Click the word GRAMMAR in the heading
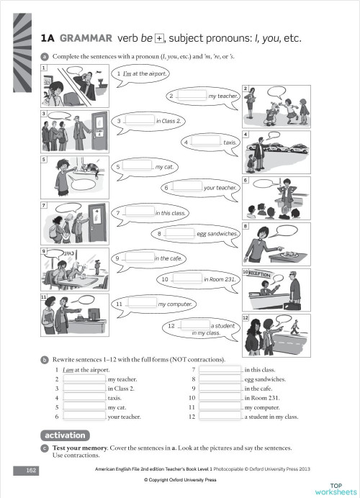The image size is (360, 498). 86,37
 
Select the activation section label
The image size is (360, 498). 65,435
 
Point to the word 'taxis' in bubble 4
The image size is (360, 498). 230,142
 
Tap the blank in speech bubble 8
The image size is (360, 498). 180,234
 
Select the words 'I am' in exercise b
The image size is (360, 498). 68,370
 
